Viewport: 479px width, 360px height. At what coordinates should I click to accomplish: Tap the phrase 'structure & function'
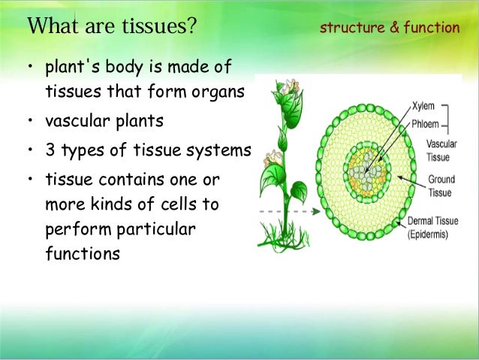[390, 28]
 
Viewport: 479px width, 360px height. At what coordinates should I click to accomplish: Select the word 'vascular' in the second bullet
[74, 120]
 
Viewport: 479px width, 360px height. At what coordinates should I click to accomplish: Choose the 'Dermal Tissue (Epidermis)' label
[438, 228]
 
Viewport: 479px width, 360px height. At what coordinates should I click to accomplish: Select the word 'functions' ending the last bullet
[82, 253]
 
